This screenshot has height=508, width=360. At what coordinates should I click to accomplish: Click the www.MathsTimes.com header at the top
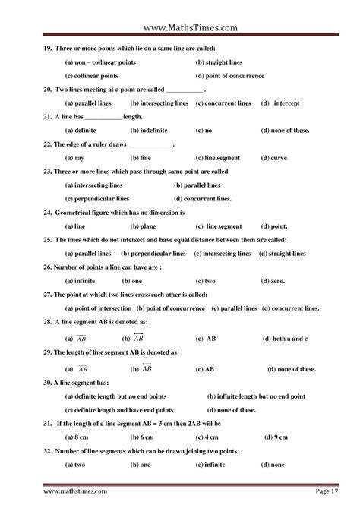pyautogui.click(x=180, y=28)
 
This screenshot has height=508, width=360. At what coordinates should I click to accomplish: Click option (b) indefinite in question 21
pyautogui.click(x=153, y=130)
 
